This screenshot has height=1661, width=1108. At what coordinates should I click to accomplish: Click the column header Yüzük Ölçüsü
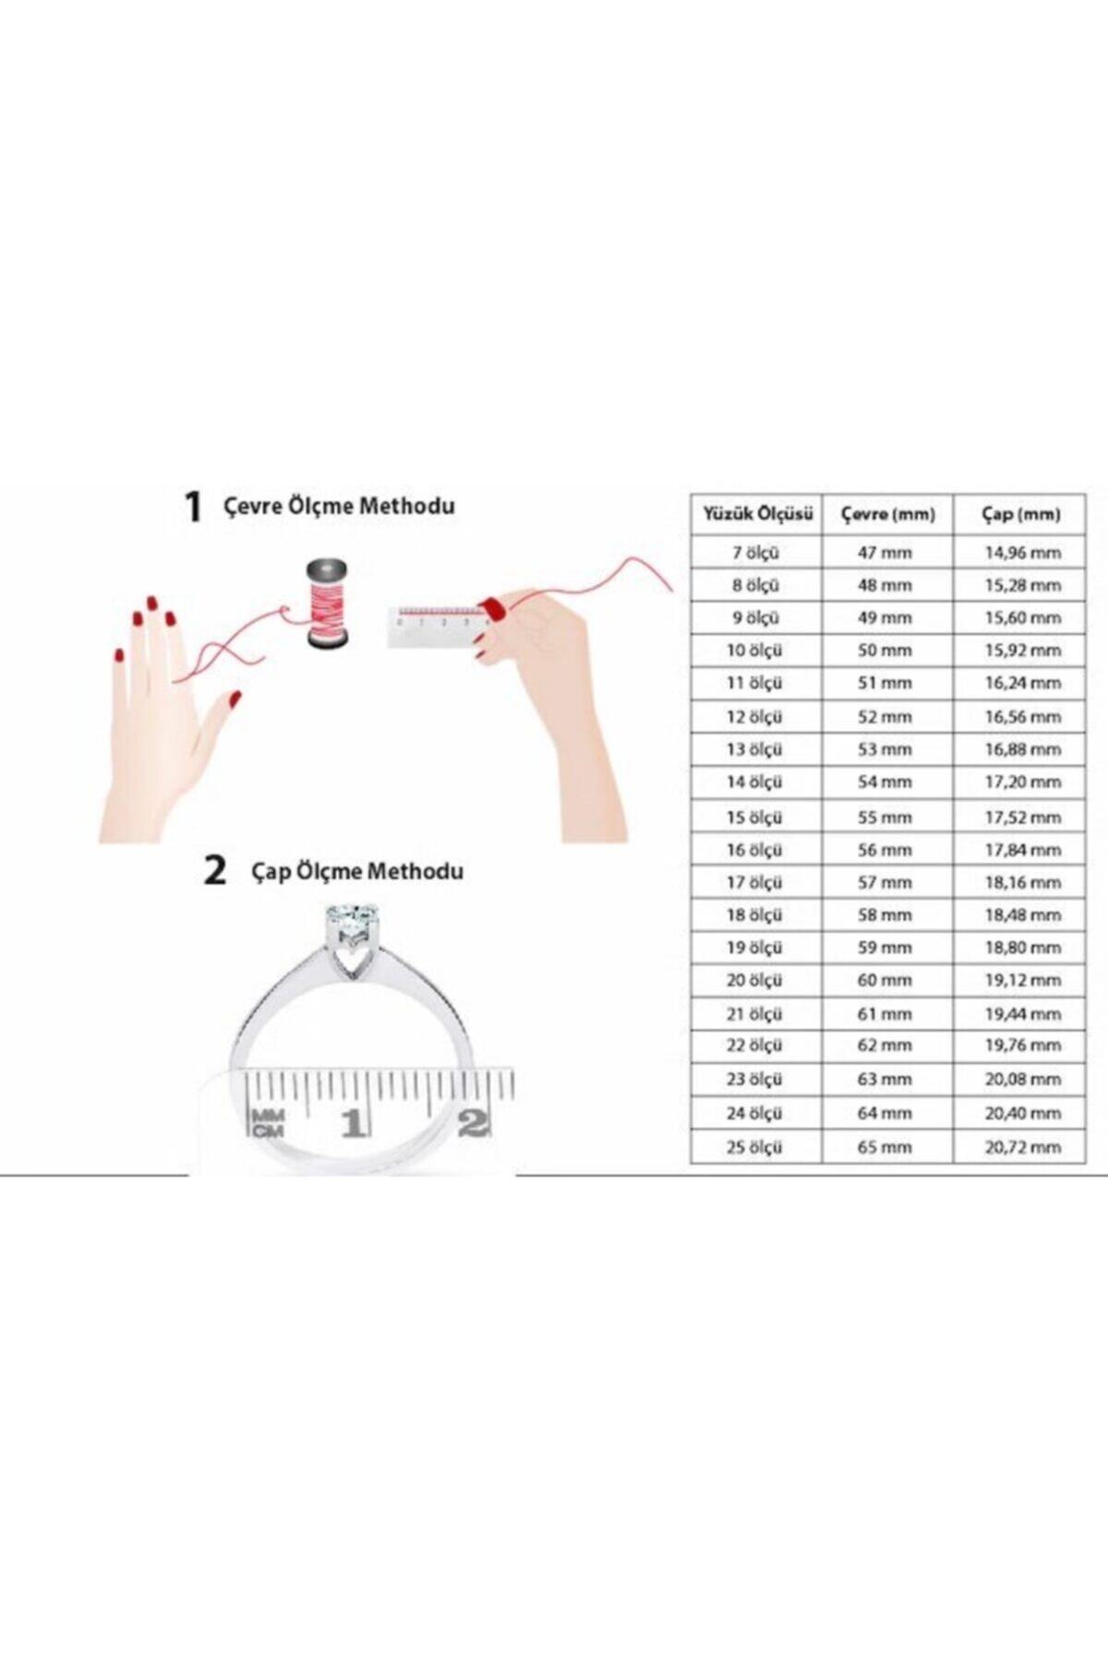click(x=757, y=514)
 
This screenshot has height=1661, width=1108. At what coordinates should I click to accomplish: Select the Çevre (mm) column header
click(x=887, y=514)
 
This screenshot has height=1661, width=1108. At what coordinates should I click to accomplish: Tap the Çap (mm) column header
click(x=1020, y=514)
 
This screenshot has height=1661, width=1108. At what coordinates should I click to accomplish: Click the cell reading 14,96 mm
click(x=1022, y=553)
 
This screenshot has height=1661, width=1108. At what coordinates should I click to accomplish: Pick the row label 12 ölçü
click(x=753, y=716)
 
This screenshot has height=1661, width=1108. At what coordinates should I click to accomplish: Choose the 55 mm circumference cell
click(x=884, y=817)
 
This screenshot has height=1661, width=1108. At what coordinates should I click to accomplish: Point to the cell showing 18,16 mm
click(x=1022, y=882)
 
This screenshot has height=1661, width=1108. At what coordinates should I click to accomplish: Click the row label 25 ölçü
click(x=753, y=1147)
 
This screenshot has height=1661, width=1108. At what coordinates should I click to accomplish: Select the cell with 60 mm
click(x=884, y=980)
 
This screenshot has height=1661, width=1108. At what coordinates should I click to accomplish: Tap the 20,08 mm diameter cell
click(x=1022, y=1079)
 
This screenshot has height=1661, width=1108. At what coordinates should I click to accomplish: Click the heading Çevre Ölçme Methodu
click(x=339, y=506)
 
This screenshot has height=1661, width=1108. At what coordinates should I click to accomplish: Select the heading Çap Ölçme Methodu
click(x=357, y=871)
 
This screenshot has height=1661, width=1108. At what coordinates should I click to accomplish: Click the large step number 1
click(x=192, y=507)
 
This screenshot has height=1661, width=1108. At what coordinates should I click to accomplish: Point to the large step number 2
click(x=214, y=870)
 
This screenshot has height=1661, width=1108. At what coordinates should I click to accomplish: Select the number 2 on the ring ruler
click(x=473, y=1122)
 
